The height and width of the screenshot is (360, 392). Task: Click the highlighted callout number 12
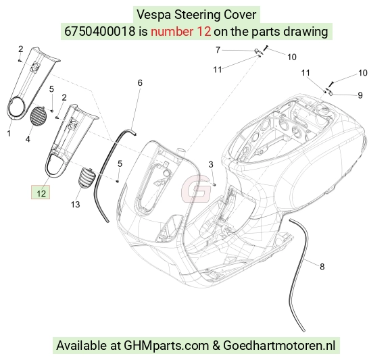point(41,194)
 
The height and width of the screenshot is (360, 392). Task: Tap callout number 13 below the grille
point(75,205)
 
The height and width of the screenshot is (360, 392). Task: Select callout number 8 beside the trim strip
point(322,267)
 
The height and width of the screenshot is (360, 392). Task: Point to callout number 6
point(140,83)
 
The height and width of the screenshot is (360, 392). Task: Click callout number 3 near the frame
point(211,164)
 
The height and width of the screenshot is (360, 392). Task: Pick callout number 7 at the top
point(218,50)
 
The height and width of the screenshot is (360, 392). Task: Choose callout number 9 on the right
point(360,95)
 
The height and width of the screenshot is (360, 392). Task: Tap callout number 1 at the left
point(9,134)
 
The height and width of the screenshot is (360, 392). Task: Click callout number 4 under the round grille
point(28,139)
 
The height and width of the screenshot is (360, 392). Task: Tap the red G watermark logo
point(196,189)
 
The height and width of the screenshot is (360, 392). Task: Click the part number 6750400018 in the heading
point(99,32)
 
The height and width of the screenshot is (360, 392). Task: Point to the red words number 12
point(180,32)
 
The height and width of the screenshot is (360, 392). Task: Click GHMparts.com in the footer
point(166,346)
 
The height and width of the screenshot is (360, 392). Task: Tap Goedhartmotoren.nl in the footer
point(279,346)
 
